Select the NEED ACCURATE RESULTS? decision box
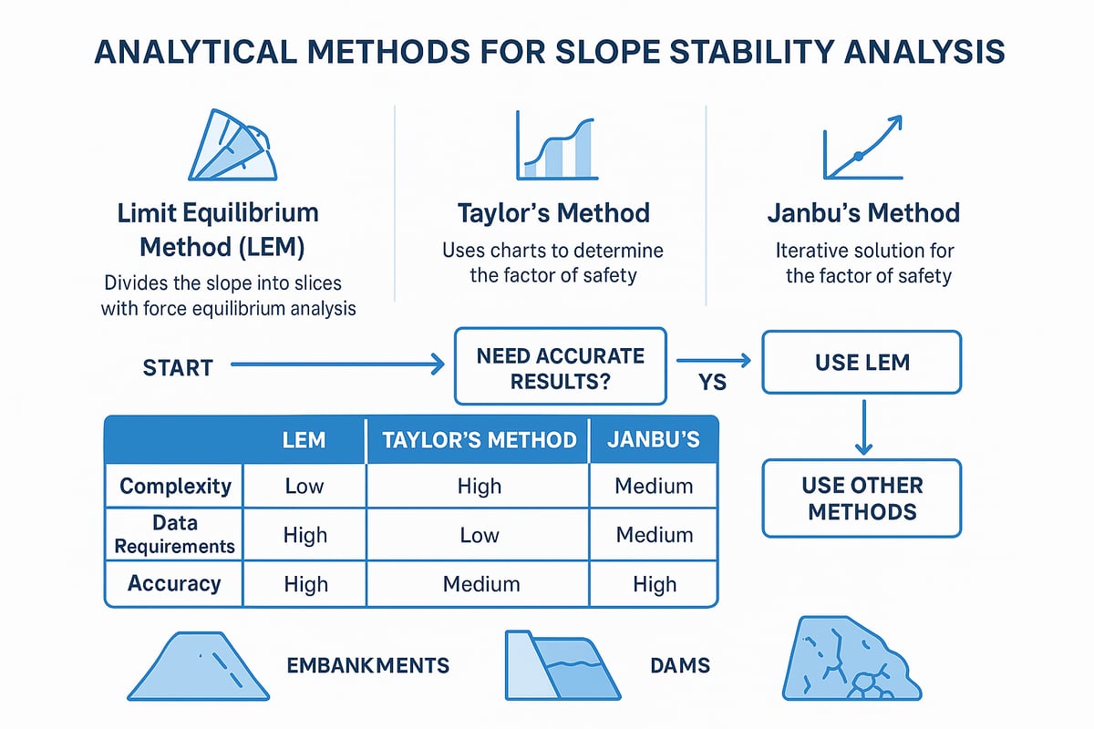[560, 367]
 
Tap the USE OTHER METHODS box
[862, 498]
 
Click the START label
[178, 368]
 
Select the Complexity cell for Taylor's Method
[479, 486]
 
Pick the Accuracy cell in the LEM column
[304, 584]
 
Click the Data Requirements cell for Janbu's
[654, 535]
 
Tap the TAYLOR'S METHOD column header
[479, 440]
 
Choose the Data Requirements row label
[174, 535]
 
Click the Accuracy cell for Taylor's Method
[479, 584]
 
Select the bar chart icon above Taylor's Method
[555, 146]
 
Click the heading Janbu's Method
[862, 213]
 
